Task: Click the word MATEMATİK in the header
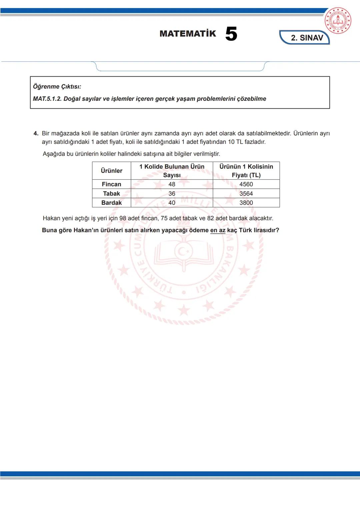[188, 34]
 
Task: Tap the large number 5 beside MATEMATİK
[231, 34]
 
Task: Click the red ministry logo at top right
[338, 21]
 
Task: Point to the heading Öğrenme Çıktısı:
[57, 87]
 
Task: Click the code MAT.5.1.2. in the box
[47, 99]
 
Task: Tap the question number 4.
[36, 133]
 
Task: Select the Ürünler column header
[111, 171]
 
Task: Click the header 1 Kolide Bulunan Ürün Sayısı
[172, 171]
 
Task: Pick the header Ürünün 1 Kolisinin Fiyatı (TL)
[246, 171]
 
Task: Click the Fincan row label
[111, 184]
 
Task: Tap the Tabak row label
[111, 194]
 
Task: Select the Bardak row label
[111, 203]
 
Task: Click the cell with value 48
[172, 184]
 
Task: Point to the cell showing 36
[172, 194]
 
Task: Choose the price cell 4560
[246, 184]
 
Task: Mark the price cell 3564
[246, 194]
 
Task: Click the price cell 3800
[246, 203]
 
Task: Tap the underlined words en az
[218, 230]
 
